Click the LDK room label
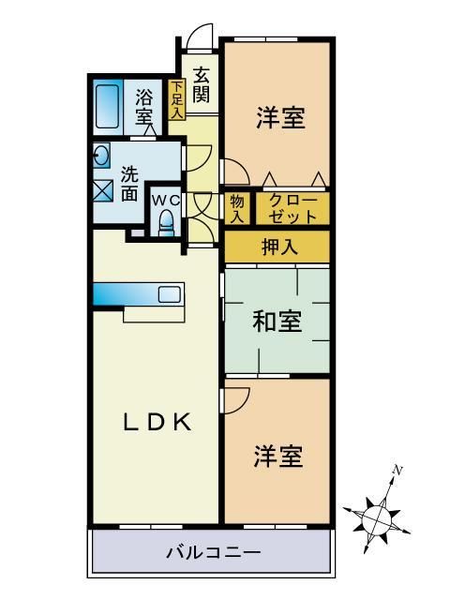pos(158,422)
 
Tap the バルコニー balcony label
pos(213,554)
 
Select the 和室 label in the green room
pos(277,322)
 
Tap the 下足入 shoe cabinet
pos(176,99)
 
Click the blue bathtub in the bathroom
pos(106,108)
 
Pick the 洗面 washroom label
pos(129,184)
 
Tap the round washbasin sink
pos(101,154)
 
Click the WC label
pos(165,200)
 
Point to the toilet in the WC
pos(166,223)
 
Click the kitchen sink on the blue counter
pos(169,294)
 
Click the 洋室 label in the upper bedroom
pos(279,118)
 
